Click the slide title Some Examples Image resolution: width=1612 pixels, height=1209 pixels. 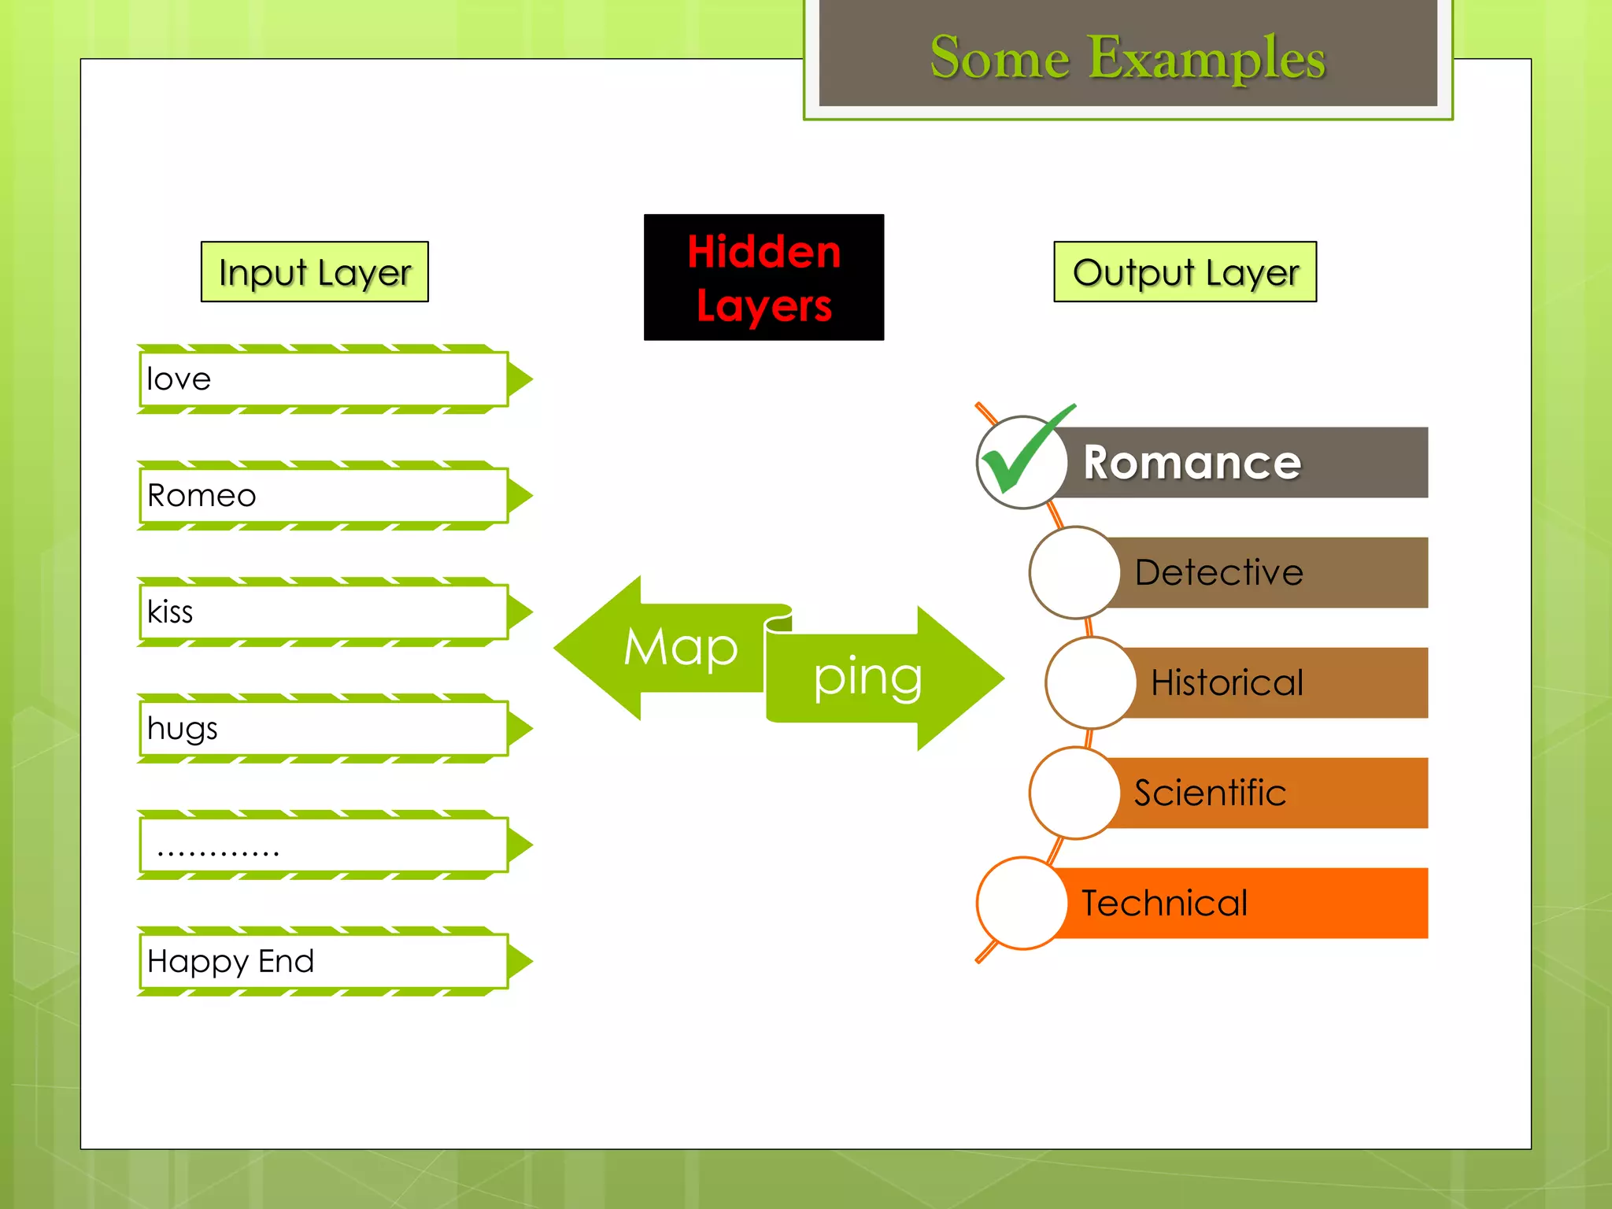(1127, 57)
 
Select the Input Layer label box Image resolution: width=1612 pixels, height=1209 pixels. (314, 272)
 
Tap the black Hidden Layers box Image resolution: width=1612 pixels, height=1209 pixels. (763, 277)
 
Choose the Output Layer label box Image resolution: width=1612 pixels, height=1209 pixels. (1185, 272)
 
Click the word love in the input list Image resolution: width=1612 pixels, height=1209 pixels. (179, 379)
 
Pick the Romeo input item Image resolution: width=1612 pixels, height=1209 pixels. (201, 496)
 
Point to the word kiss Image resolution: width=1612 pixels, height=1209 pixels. (170, 612)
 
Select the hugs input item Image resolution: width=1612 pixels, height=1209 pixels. (182, 729)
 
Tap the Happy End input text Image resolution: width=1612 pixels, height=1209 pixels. (231, 962)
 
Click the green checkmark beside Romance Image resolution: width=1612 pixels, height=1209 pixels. (1023, 453)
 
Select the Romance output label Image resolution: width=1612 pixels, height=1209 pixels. (1192, 462)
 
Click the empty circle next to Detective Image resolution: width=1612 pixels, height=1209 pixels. (1074, 572)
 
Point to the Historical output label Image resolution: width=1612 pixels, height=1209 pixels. (1226, 682)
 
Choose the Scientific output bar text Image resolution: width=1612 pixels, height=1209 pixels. (1210, 793)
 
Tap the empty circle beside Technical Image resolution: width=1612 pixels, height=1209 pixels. (1022, 903)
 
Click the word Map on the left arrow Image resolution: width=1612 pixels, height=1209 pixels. (680, 648)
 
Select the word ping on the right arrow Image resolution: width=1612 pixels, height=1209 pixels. (867, 678)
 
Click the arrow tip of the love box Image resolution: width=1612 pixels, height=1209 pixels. (520, 379)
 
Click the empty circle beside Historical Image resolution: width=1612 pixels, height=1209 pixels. (1090, 682)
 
